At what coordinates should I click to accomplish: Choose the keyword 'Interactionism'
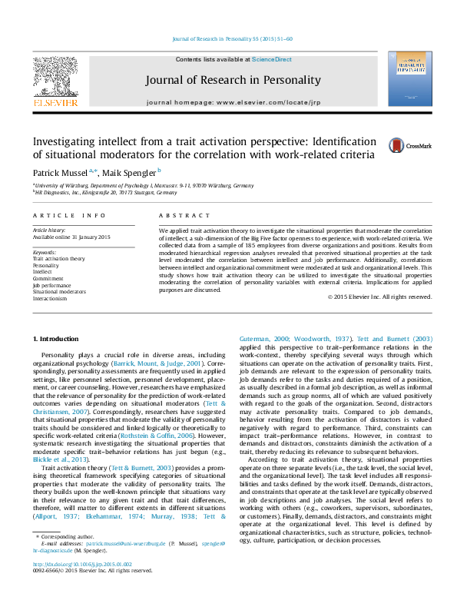click(x=50, y=298)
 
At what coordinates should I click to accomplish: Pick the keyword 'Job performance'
click(x=52, y=284)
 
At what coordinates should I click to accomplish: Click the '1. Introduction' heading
click(x=58, y=340)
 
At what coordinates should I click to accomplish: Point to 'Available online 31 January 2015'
click(x=71, y=237)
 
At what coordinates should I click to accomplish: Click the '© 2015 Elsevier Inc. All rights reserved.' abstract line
click(x=379, y=297)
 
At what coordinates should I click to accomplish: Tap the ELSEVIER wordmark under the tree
click(x=55, y=102)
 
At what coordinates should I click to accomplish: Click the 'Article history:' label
click(x=49, y=230)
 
